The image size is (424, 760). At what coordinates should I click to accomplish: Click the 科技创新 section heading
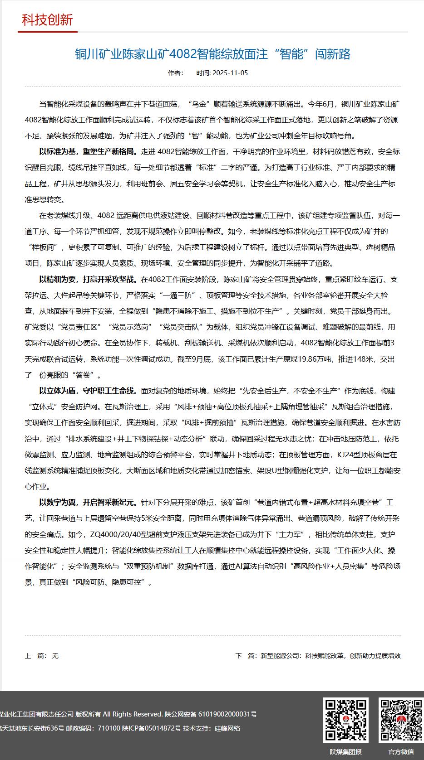pyautogui.click(x=47, y=20)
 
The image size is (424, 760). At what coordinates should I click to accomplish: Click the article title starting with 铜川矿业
pyautogui.click(x=212, y=54)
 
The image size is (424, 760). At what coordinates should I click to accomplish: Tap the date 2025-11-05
pyautogui.click(x=230, y=73)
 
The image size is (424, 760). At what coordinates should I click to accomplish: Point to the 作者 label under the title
pyautogui.click(x=175, y=73)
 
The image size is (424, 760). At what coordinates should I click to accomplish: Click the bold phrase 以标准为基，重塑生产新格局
pyautogui.click(x=89, y=151)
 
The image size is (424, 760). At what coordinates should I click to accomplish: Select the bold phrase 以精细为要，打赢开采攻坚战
pyautogui.click(x=89, y=279)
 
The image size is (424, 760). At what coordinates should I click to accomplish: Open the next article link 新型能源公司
pyautogui.click(x=330, y=656)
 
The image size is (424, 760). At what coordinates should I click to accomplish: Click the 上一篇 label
pyautogui.click(x=35, y=656)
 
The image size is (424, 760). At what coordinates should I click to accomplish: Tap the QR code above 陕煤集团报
pyautogui.click(x=345, y=720)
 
